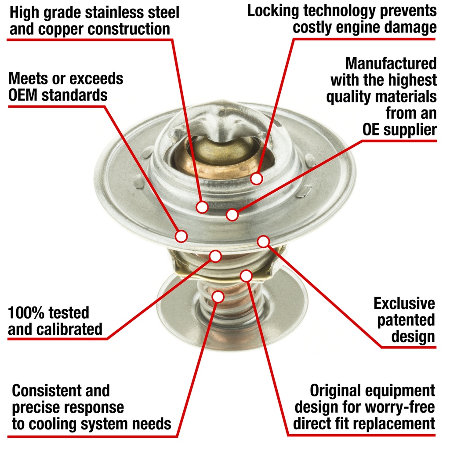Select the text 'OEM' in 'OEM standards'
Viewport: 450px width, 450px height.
click(x=23, y=95)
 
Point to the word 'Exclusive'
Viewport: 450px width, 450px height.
click(x=404, y=303)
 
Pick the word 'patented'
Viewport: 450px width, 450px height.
click(x=406, y=320)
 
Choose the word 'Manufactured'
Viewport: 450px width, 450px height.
click(x=391, y=63)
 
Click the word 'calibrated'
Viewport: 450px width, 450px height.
click(x=69, y=329)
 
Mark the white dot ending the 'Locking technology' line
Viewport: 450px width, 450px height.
click(x=256, y=178)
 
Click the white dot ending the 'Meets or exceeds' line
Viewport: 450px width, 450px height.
click(x=181, y=236)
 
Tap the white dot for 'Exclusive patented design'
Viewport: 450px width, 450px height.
click(x=264, y=242)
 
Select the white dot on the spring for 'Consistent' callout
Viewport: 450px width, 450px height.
click(x=218, y=297)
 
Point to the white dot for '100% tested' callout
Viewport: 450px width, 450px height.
click(x=215, y=256)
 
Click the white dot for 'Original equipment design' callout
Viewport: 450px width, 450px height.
click(x=246, y=276)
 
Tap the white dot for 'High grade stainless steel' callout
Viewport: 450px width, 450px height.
click(x=202, y=207)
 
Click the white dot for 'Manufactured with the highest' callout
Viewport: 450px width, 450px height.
click(x=232, y=214)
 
